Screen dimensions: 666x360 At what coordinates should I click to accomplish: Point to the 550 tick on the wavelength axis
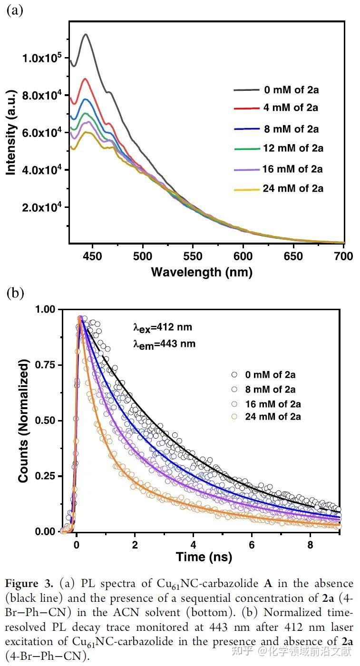[x=193, y=256]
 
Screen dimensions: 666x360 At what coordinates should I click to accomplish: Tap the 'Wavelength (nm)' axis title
[x=202, y=272]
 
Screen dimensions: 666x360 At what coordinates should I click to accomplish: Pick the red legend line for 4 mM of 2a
[x=245, y=109]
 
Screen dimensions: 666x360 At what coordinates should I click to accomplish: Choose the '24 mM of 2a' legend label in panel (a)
[x=293, y=188]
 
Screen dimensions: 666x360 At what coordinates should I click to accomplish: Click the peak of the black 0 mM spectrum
[x=86, y=34]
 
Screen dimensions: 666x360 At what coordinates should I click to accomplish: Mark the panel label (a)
[x=14, y=10]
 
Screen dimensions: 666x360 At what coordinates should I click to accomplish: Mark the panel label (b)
[x=15, y=293]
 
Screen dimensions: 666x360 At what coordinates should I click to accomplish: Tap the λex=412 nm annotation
[x=163, y=327]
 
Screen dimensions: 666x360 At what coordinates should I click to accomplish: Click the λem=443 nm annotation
[x=164, y=343]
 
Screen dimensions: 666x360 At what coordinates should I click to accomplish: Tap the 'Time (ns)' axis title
[x=204, y=557]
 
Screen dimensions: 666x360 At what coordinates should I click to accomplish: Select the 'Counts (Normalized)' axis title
[x=24, y=421]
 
